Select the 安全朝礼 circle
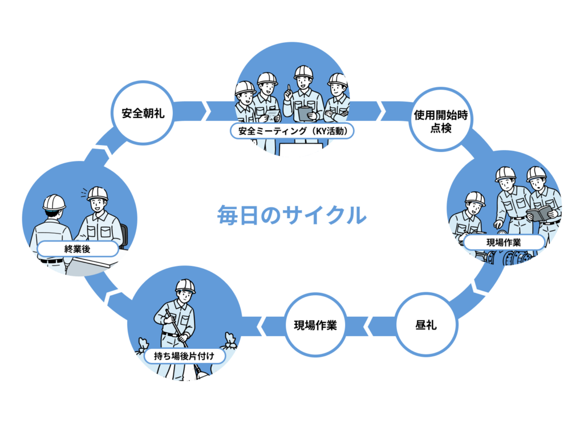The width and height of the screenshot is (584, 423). pyautogui.click(x=143, y=112)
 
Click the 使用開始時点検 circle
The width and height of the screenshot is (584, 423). pyautogui.click(x=441, y=119)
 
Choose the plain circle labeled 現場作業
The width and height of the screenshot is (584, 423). pyautogui.click(x=315, y=325)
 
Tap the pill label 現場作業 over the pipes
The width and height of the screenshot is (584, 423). pyautogui.click(x=503, y=242)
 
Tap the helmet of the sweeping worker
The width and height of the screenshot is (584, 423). pyautogui.click(x=185, y=286)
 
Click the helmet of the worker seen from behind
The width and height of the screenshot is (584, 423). pyautogui.click(x=54, y=202)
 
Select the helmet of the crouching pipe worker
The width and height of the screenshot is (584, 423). pyautogui.click(x=474, y=199)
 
